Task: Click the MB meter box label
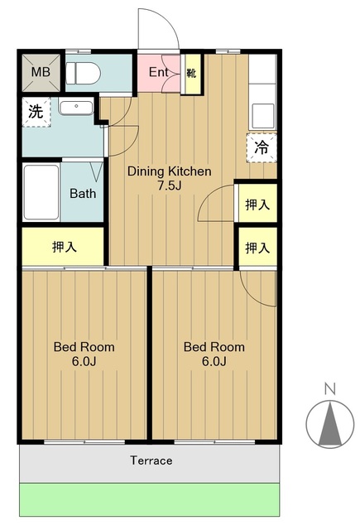(x=41, y=71)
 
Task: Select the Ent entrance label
(x=159, y=72)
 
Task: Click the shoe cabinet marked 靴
(x=191, y=73)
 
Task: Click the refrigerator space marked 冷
(x=261, y=148)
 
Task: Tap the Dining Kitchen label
(x=169, y=171)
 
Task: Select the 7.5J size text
(x=169, y=185)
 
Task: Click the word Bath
(x=82, y=194)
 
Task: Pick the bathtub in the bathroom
(x=41, y=192)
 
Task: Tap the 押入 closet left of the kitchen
(x=64, y=246)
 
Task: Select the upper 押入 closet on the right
(x=257, y=204)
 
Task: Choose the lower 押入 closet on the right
(x=257, y=247)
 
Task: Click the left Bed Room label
(x=84, y=347)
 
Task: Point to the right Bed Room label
(x=214, y=347)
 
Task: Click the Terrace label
(x=151, y=460)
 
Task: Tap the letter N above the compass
(x=329, y=388)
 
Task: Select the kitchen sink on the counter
(x=264, y=112)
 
